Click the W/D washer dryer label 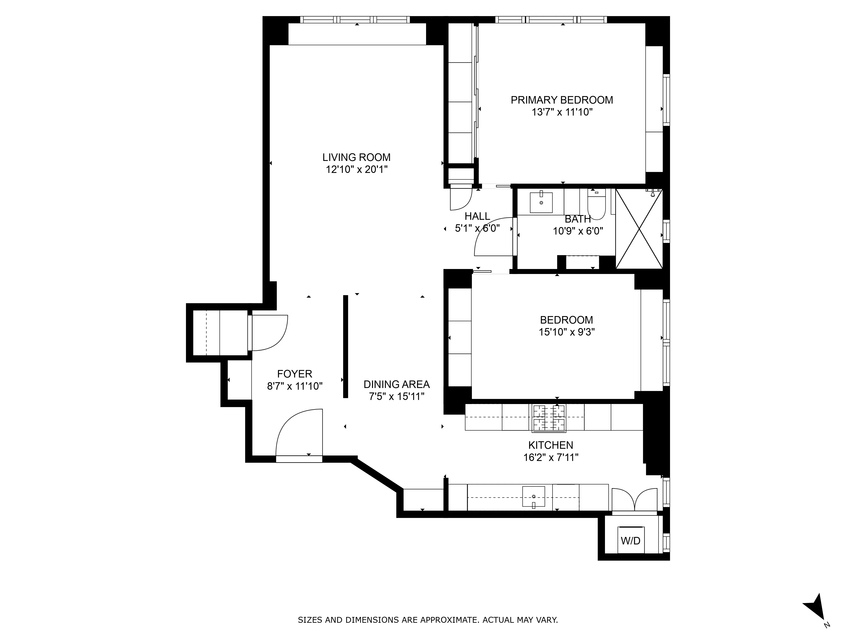[631, 541]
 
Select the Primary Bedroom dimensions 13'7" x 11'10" [562, 112]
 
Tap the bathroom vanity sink [541, 202]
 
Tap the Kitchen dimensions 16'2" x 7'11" [551, 457]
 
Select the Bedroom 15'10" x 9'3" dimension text [566, 332]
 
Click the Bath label [577, 219]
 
